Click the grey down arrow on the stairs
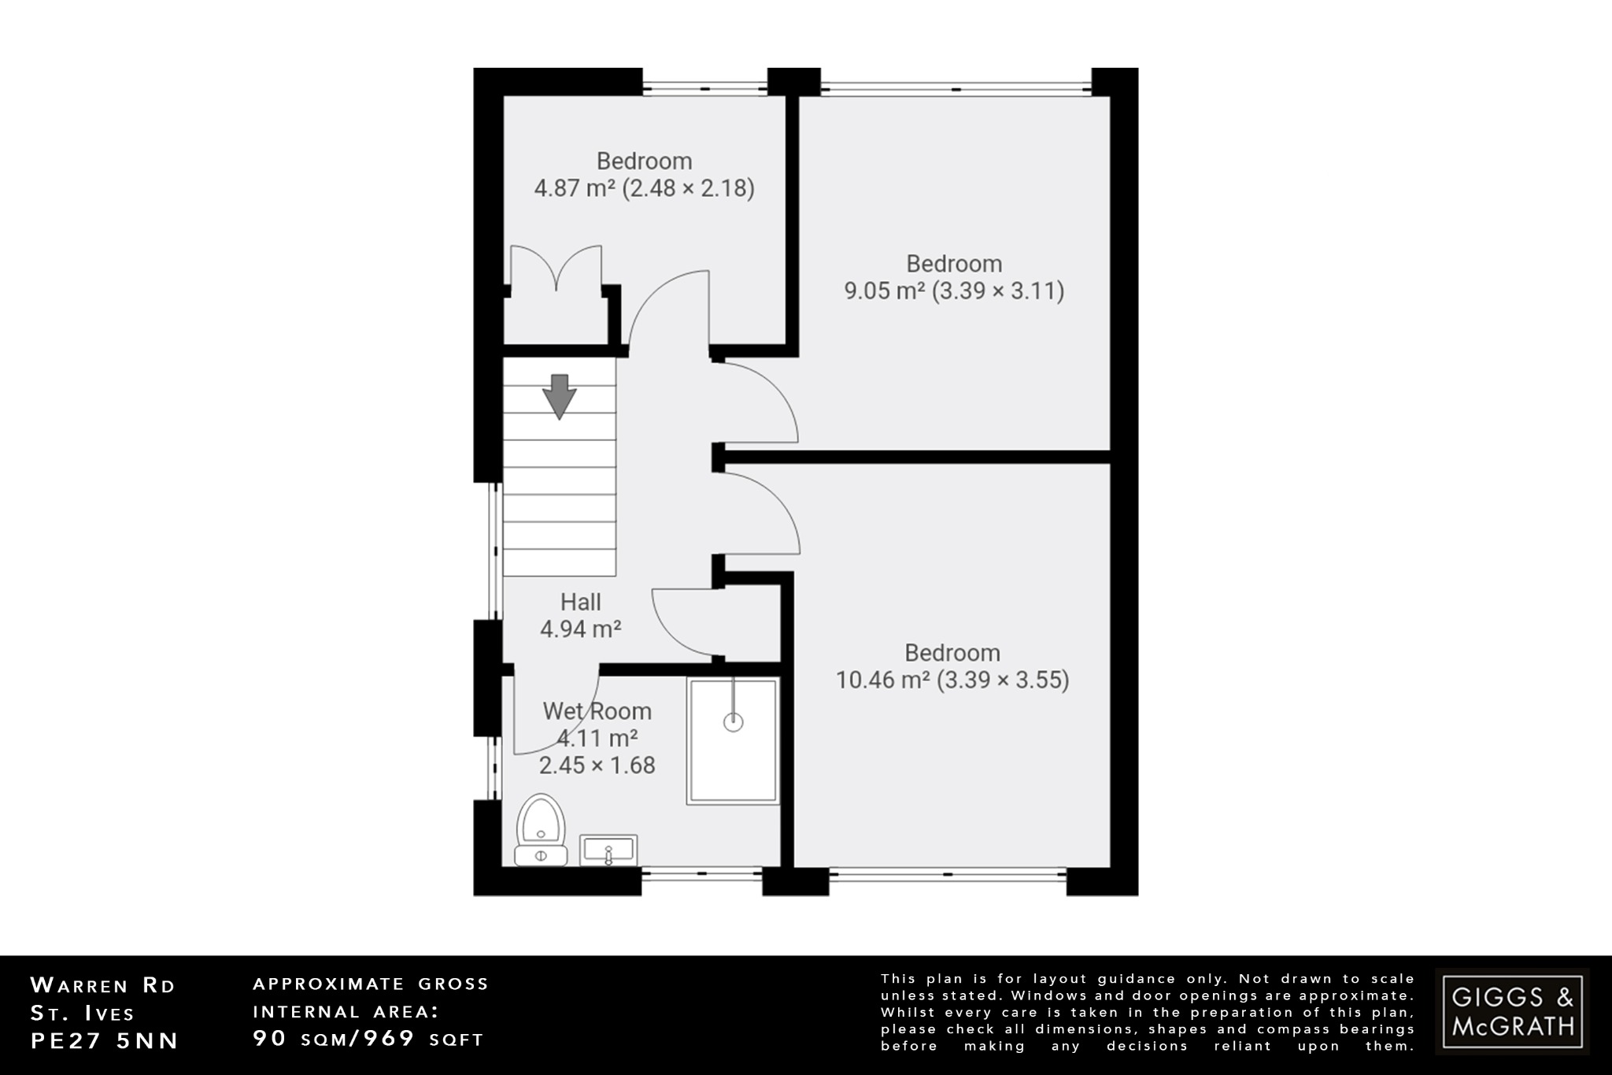[560, 396]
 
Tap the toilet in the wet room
[541, 830]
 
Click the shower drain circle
[733, 721]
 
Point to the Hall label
[580, 602]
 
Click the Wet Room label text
[597, 711]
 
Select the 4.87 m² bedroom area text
[644, 188]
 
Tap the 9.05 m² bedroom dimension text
[954, 291]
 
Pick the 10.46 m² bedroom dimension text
[952, 680]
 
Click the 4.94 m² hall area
[580, 628]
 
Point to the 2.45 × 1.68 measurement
[597, 765]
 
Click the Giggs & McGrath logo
[1512, 1011]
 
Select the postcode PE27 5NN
[105, 1040]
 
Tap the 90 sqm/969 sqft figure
[368, 1038]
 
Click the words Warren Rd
[102, 985]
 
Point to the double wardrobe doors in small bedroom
[556, 268]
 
